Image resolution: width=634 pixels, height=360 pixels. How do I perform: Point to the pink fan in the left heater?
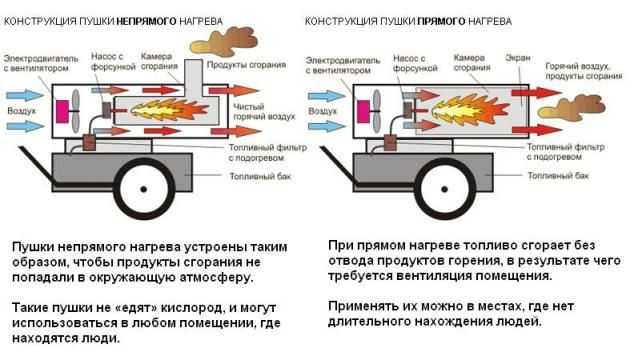point(75,107)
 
